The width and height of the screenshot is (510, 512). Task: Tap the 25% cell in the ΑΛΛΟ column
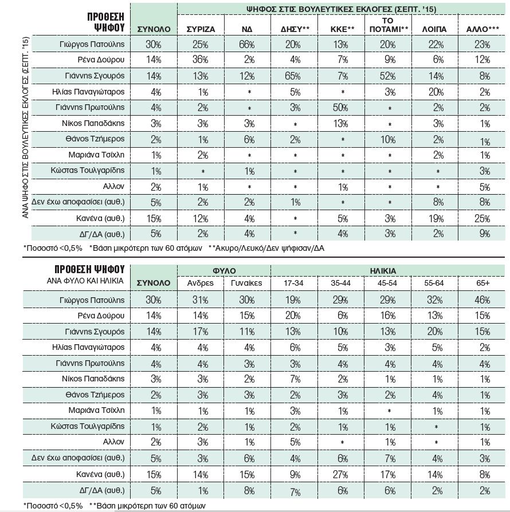click(x=482, y=218)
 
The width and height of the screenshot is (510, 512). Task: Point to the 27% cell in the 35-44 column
click(x=343, y=474)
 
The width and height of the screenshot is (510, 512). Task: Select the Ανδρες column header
click(x=200, y=283)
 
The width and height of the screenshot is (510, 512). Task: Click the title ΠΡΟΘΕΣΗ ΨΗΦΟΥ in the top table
click(x=100, y=21)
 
